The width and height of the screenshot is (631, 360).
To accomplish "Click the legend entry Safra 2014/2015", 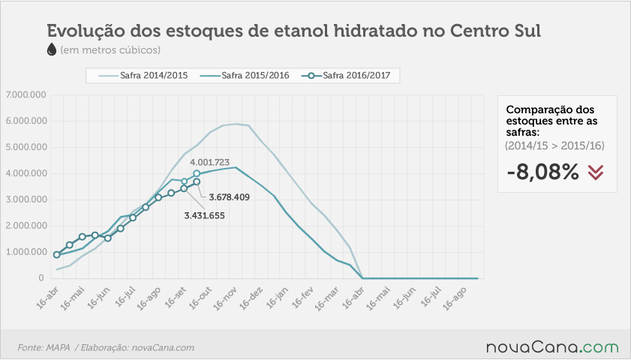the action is (143, 76).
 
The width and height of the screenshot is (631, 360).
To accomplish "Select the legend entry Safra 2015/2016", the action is (245, 76).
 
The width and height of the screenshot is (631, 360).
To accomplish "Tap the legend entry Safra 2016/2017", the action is (346, 76).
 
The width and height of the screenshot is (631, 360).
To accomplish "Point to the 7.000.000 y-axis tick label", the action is (26, 95).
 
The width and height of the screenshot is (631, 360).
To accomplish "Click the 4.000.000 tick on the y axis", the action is (26, 173).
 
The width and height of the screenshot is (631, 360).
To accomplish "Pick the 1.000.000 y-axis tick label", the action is (26, 252).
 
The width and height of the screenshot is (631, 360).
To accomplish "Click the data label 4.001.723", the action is (209, 163).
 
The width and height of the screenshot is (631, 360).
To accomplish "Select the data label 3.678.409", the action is (230, 197).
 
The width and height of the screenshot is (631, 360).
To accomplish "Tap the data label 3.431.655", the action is (204, 216).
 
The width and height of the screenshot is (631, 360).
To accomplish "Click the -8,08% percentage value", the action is (543, 172).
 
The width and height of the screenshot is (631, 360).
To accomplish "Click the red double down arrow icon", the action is (596, 172).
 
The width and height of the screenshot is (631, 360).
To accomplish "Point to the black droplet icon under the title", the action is (52, 49).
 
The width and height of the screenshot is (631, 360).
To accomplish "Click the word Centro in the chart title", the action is (473, 31).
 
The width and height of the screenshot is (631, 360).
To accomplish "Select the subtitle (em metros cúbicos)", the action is (110, 50).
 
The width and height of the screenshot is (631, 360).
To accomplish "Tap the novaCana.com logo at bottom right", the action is (552, 347).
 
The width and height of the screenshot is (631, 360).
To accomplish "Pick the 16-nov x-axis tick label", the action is (224, 298).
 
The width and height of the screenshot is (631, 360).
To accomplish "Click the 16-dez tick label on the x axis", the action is (251, 298).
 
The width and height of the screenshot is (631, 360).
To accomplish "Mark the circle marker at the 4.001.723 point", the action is (197, 173).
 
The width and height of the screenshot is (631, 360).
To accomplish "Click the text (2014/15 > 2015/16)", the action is (554, 145).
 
